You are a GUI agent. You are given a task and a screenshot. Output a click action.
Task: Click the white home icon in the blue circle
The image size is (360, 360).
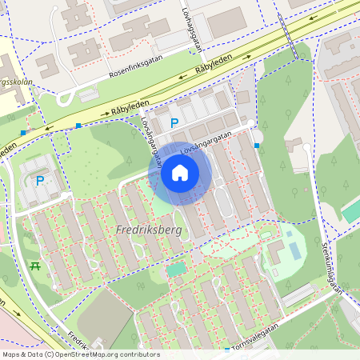(x=180, y=173)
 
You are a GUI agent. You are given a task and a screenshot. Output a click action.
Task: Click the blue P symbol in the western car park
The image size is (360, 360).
(x=40, y=180)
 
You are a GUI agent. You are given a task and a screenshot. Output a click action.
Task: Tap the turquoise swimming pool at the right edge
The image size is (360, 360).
(x=350, y=210)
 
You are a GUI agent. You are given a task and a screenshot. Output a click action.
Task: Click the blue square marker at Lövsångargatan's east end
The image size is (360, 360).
(x=257, y=146)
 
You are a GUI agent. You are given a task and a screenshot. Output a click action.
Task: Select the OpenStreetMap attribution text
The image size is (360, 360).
(x=81, y=354)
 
